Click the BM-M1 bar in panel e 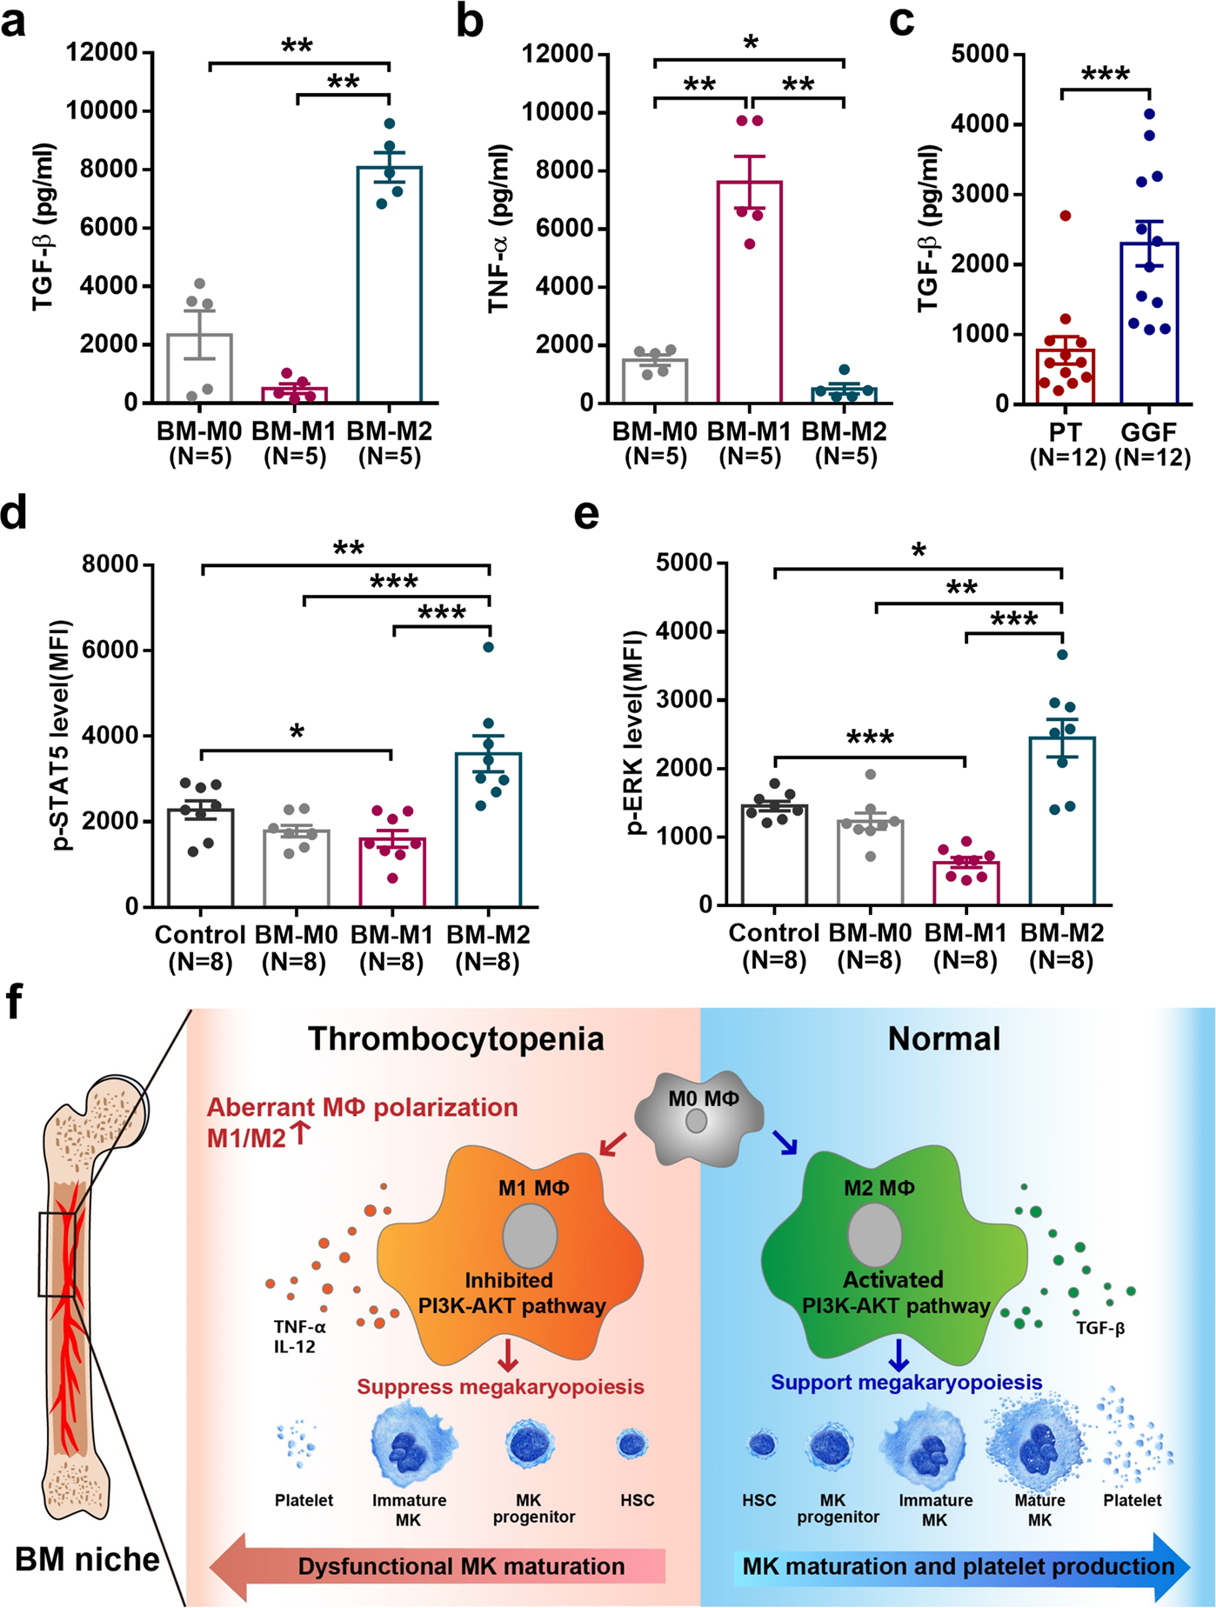[965, 883]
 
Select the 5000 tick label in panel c [980, 55]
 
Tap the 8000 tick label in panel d [110, 565]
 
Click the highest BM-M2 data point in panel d [489, 646]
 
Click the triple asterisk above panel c [1106, 73]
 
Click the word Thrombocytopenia [455, 1038]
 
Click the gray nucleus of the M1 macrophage [531, 1235]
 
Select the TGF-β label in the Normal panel [1100, 1328]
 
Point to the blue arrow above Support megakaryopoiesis [898, 1354]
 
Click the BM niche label [88, 1559]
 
